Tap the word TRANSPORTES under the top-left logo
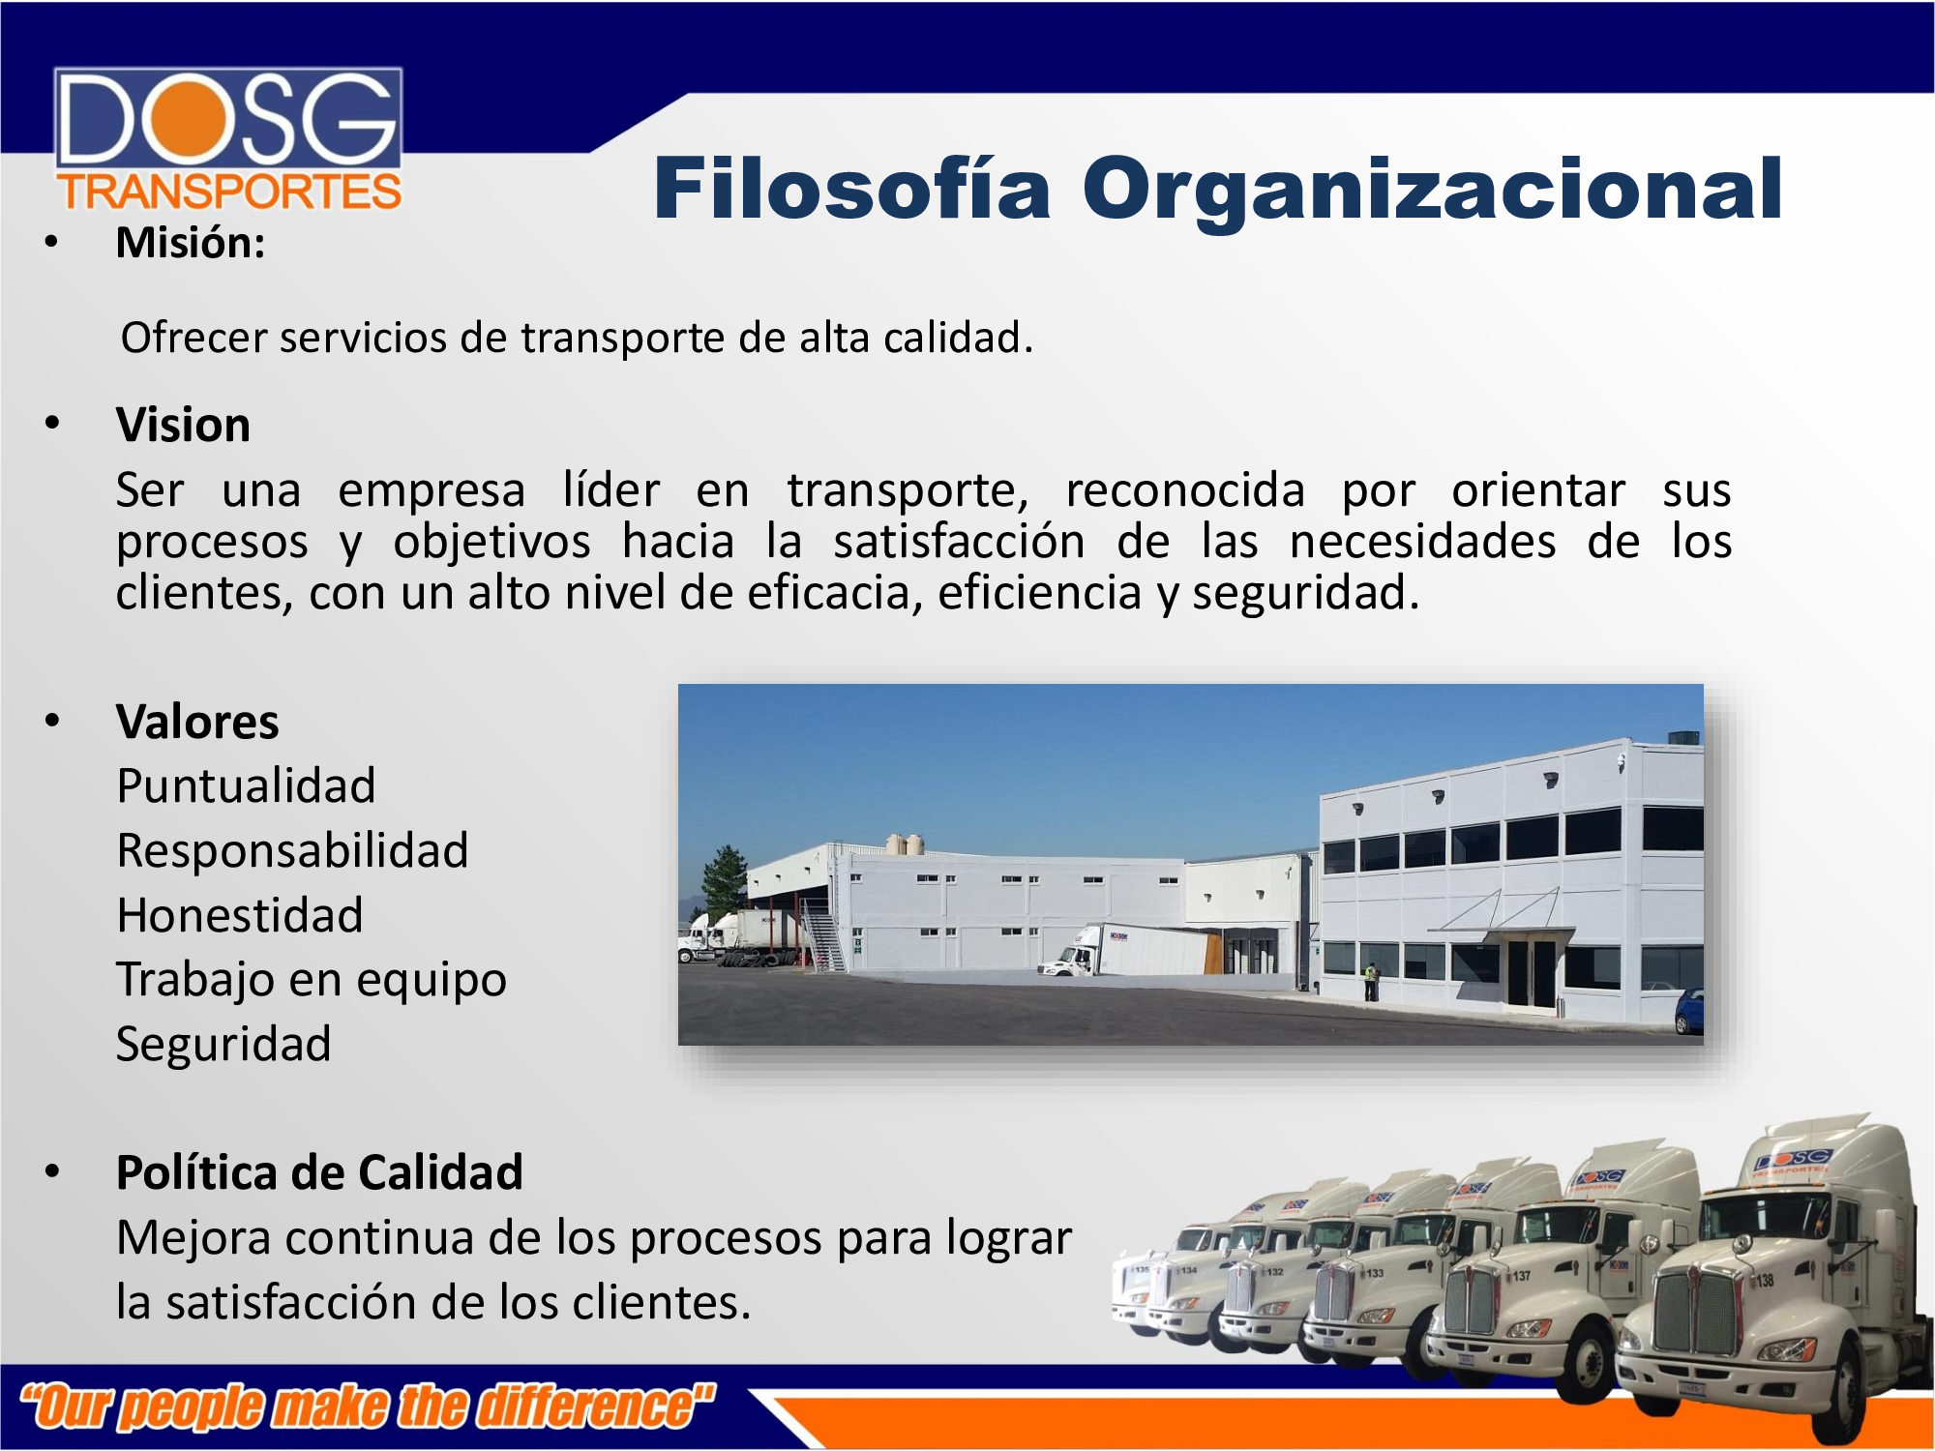point(229,192)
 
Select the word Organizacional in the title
point(1432,192)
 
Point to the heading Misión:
point(191,242)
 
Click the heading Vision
point(183,425)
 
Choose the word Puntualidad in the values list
point(246,785)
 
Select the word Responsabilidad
point(292,850)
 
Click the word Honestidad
point(240,915)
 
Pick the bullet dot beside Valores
point(52,721)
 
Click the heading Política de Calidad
point(319,1172)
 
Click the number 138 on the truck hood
point(1765,1280)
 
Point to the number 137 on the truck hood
point(1521,1275)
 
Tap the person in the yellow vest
point(1370,981)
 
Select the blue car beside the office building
point(1689,1011)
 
